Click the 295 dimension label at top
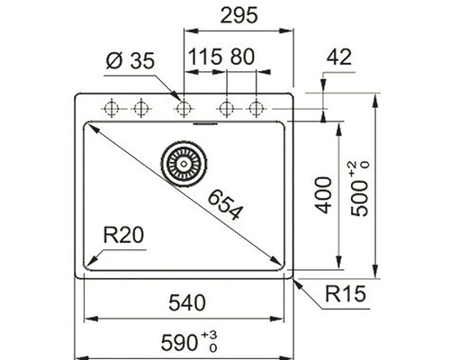pos(240,16)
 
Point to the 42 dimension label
pos(338,58)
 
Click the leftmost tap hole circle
pos(112,108)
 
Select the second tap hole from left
pos(139,108)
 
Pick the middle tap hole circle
pos(184,108)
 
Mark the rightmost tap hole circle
pos(256,108)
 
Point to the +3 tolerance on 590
pos(213,335)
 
